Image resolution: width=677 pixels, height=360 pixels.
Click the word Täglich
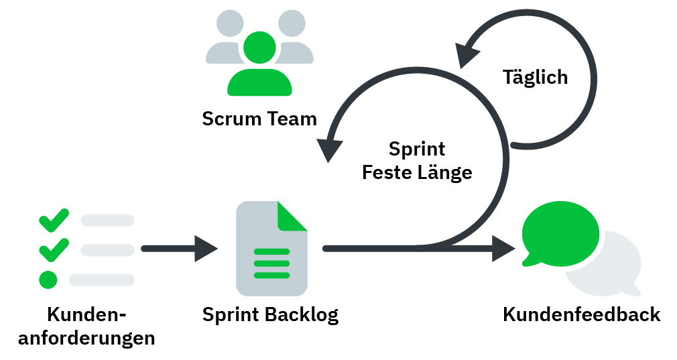point(535,77)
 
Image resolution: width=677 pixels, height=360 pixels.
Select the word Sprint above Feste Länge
point(417,149)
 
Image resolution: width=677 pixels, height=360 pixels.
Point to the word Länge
point(445,172)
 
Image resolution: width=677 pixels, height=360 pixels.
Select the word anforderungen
point(86,338)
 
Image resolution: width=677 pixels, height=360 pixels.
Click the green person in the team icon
point(259,67)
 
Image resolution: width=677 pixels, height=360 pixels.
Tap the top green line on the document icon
point(271,252)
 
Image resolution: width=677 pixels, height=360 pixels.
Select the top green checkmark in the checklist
point(54,219)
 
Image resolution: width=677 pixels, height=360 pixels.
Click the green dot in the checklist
point(48,279)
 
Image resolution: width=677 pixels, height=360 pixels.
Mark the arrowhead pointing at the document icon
point(205,249)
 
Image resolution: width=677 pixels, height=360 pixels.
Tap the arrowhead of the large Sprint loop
point(328,149)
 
